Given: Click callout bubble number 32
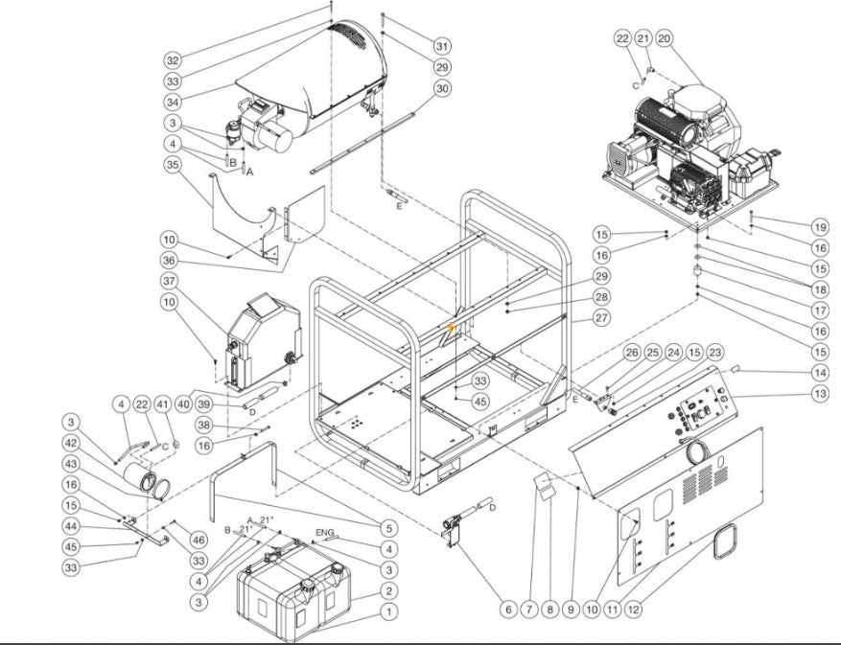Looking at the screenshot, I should tap(173, 60).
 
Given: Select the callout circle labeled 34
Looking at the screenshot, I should tap(173, 103).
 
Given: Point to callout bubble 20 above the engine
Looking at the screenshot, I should tap(665, 37).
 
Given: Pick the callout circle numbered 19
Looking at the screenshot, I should tap(818, 227).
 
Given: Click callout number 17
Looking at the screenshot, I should tap(818, 311).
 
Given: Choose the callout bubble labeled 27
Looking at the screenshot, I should tap(601, 317).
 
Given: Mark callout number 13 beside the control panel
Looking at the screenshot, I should tap(818, 395).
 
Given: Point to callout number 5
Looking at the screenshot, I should tap(388, 527).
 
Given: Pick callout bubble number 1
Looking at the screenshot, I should tap(388, 610).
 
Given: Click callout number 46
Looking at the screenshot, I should tap(199, 540).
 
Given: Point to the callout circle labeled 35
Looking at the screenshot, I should tap(173, 165).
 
